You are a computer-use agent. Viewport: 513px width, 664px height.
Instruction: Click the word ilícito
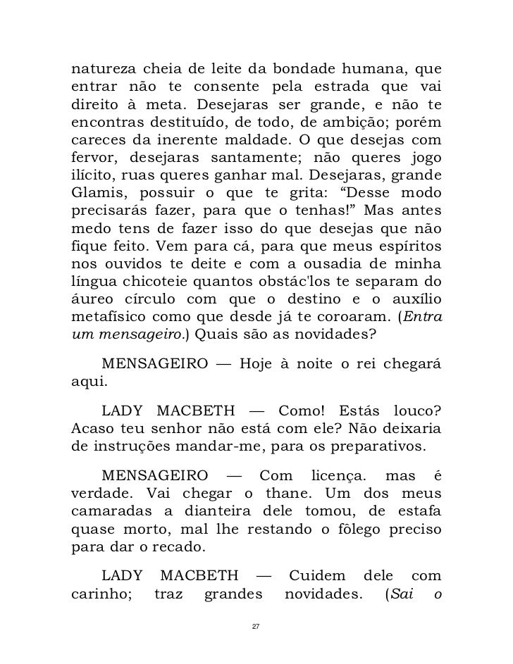click(x=93, y=177)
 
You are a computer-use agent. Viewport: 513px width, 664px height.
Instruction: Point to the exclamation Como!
click(x=304, y=411)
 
